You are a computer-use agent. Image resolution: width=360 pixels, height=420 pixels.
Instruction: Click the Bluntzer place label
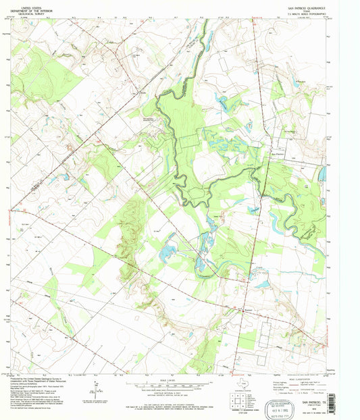pos(247,311)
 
